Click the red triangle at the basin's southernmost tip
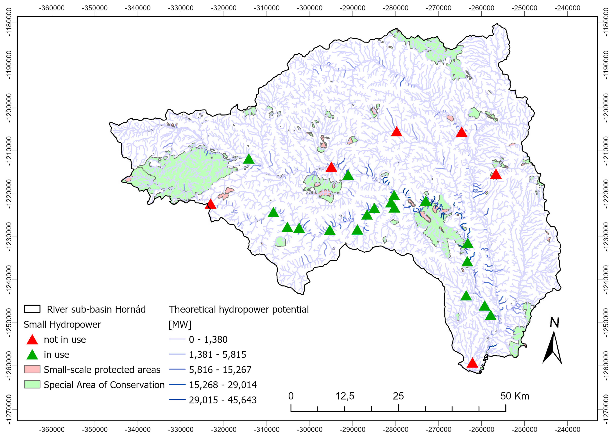tap(472, 363)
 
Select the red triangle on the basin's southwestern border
tap(210, 204)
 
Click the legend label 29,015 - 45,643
tap(223, 400)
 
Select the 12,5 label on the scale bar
tap(345, 396)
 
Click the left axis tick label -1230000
tap(9, 237)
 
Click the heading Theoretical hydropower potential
tap(239, 309)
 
